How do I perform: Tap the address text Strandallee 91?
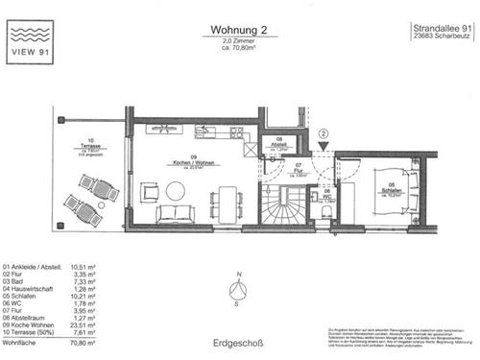click(x=439, y=29)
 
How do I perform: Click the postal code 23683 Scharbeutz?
click(x=439, y=39)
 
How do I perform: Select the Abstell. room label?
click(x=278, y=141)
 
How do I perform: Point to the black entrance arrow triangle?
click(x=324, y=147)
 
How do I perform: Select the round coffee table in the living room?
click(x=176, y=190)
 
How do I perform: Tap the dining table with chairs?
click(x=229, y=200)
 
